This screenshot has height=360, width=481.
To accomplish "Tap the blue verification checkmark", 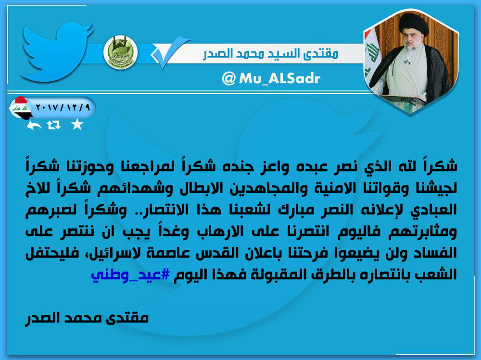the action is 170,52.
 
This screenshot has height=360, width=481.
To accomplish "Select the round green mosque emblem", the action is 120,52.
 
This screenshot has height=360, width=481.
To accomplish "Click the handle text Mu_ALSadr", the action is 279,78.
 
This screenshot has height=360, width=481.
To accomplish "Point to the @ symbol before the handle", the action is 228,79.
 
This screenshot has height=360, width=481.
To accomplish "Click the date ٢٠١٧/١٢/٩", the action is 63,108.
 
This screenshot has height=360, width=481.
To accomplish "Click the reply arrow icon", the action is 34,125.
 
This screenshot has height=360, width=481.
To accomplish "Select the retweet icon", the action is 54,125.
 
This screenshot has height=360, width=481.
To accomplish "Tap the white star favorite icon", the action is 77,124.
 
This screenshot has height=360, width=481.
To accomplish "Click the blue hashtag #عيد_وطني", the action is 130,274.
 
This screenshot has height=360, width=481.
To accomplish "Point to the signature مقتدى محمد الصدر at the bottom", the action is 87,318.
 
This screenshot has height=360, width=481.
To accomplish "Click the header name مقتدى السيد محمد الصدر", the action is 270,54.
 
